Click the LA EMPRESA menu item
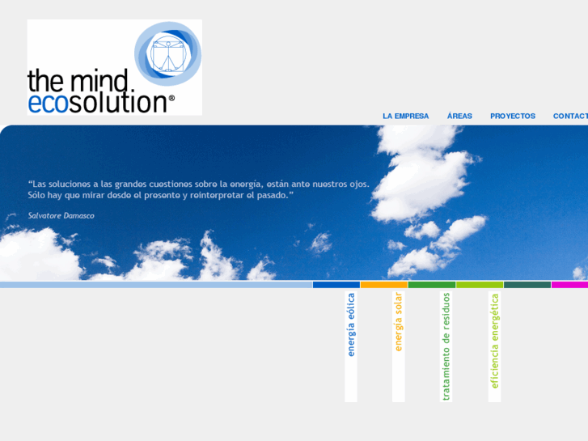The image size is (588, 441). (405, 116)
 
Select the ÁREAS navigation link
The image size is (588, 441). (459, 116)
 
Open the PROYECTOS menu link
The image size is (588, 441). (512, 116)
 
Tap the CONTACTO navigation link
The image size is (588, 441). (570, 116)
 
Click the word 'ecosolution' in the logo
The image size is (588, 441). (96, 103)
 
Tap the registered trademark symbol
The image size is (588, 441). (171, 98)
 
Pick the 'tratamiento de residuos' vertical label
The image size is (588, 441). (446, 346)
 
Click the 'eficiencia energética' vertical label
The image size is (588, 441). (494, 340)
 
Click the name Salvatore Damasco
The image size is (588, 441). (61, 215)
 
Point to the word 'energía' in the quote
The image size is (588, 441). (246, 184)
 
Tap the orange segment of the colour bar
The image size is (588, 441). (383, 285)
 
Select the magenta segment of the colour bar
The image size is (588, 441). (569, 285)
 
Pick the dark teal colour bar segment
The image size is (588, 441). (527, 285)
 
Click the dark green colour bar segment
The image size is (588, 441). (431, 285)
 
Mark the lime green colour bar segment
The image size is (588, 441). (479, 285)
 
